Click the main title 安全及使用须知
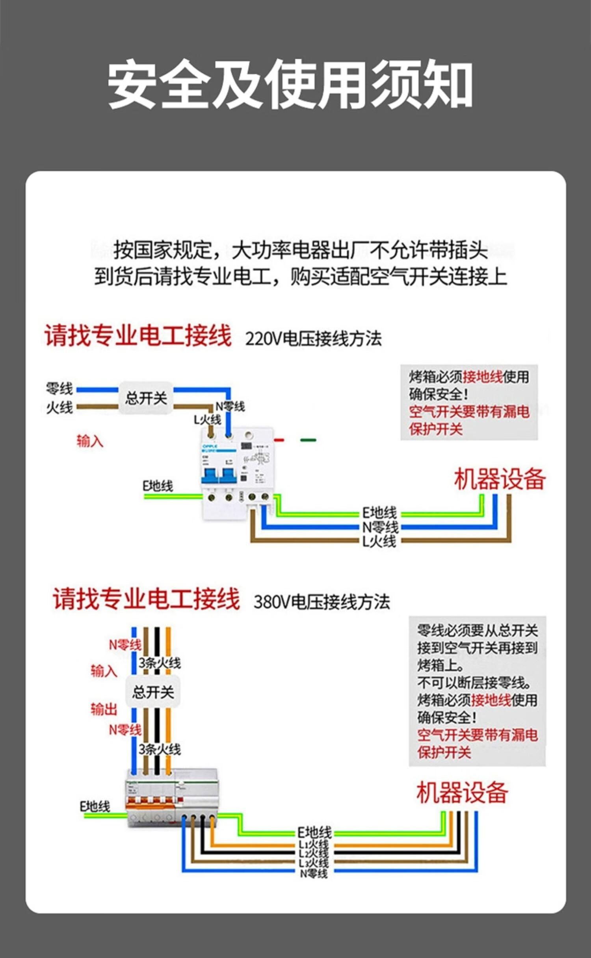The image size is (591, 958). tap(290, 84)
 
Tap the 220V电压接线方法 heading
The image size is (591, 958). tap(313, 338)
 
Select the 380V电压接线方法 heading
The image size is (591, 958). tap(322, 602)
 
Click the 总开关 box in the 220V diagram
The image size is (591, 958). tap(146, 398)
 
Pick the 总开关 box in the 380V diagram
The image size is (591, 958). tap(153, 692)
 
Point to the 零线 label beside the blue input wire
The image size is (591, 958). tap(59, 389)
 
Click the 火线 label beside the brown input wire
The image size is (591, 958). tap(59, 407)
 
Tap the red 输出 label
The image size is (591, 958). tap(104, 709)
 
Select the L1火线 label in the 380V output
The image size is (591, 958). tap(314, 845)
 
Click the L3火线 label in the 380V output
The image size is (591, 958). tap(314, 863)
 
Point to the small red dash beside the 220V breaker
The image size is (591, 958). tap(279, 440)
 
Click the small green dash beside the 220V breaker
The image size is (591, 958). tap(308, 440)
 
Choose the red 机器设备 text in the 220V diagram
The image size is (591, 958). tap(500, 479)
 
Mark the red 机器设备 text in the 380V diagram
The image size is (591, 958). tap(462, 792)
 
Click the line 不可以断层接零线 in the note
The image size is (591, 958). tap(474, 683)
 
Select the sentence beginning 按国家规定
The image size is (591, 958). tap(301, 250)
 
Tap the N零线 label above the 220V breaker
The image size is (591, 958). tap(230, 406)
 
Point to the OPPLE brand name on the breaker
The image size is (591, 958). tap(210, 446)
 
